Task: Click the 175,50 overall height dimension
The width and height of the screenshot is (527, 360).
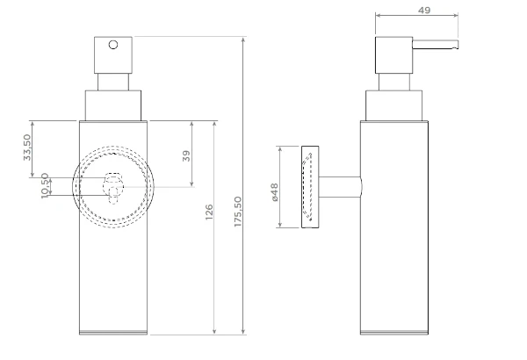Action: [x=238, y=212]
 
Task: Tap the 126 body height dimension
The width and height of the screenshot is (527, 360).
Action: [x=209, y=212]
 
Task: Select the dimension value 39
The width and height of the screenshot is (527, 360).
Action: [x=186, y=155]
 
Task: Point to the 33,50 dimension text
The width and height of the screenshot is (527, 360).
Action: [x=27, y=148]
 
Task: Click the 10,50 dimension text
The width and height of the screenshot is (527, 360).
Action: [x=45, y=186]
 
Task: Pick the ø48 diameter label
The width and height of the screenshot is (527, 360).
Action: [x=274, y=192]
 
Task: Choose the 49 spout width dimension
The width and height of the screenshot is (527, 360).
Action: [x=424, y=11]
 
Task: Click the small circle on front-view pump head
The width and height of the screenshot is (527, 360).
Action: [x=113, y=45]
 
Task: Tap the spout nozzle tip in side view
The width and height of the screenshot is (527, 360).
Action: [x=456, y=45]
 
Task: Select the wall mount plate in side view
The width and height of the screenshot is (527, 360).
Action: [x=310, y=187]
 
